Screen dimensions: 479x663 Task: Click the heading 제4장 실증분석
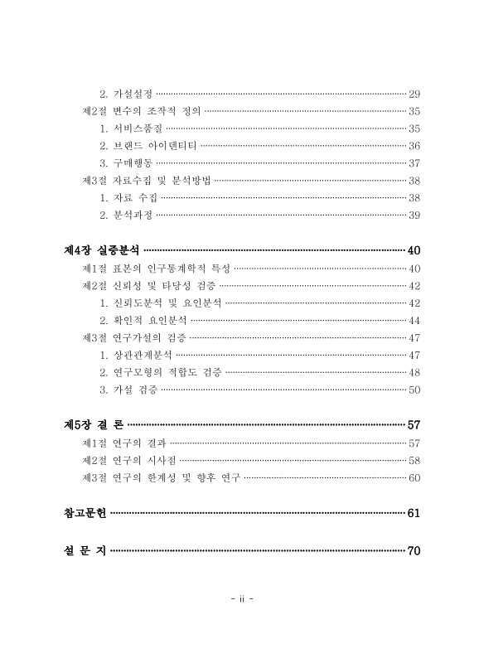click(102, 249)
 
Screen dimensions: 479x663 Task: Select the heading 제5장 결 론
click(94, 424)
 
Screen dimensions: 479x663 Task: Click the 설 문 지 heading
click(85, 551)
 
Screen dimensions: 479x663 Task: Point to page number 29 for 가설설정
click(414, 93)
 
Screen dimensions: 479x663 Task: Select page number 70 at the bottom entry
click(414, 551)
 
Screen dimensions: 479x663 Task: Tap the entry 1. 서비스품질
click(130, 128)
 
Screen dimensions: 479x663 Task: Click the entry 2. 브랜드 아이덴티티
click(148, 145)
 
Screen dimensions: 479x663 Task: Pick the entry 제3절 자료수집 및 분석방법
click(146, 180)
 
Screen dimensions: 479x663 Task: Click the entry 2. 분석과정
click(126, 215)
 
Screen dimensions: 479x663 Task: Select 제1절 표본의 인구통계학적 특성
click(156, 268)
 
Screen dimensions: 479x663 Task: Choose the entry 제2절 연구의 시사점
click(128, 460)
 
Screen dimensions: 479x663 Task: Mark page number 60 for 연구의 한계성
click(414, 477)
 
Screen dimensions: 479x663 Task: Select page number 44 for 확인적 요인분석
click(414, 320)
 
